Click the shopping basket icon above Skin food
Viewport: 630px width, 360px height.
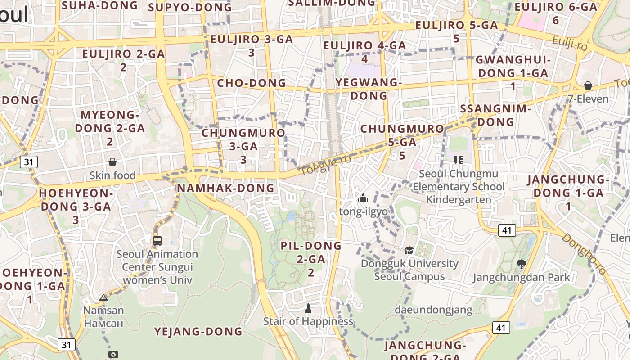pyautogui.click(x=112, y=162)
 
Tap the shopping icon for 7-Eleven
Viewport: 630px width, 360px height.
pyautogui.click(x=588, y=85)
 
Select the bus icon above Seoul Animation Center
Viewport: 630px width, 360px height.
pyautogui.click(x=157, y=240)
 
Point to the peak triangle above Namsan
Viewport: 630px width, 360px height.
pyautogui.click(x=103, y=297)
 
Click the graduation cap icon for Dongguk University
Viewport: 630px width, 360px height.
pyautogui.click(x=409, y=250)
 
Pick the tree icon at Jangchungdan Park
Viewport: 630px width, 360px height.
pyautogui.click(x=522, y=264)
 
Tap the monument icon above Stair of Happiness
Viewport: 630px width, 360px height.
pyautogui.click(x=308, y=308)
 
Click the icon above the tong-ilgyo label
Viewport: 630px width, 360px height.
pyautogui.click(x=363, y=198)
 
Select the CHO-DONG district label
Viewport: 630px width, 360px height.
pyautogui.click(x=252, y=83)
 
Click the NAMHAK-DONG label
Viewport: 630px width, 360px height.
pyautogui.click(x=225, y=188)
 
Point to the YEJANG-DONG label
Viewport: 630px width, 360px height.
pyautogui.click(x=198, y=332)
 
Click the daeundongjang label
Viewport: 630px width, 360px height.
pyautogui.click(x=433, y=310)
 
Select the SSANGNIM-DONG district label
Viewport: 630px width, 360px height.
pyautogui.click(x=495, y=115)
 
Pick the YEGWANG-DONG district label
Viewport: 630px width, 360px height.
pyautogui.click(x=369, y=89)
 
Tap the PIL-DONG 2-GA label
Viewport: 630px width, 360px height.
pyautogui.click(x=311, y=259)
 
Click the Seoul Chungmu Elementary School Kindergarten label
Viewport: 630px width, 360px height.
pyautogui.click(x=459, y=186)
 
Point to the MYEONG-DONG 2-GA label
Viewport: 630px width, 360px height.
pyautogui.click(x=110, y=128)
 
